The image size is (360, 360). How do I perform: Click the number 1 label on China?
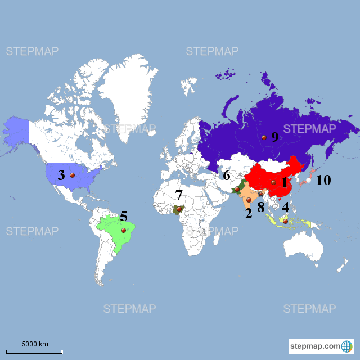click(284, 182)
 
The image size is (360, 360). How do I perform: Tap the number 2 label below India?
click(248, 213)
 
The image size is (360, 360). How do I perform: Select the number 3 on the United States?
click(61, 175)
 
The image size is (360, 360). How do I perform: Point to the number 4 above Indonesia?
click(286, 206)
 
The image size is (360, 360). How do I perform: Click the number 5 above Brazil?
click(124, 215)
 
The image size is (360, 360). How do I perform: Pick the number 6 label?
click(226, 175)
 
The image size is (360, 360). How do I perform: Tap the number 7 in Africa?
click(179, 195)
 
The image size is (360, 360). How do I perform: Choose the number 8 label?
click(261, 206)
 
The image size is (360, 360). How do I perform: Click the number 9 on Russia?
click(274, 137)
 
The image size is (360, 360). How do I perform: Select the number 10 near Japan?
click(323, 181)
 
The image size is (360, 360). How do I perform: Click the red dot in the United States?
click(72, 175)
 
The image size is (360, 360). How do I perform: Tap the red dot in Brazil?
click(123, 230)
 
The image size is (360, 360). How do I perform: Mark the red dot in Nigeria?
click(179, 209)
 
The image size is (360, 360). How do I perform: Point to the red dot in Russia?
click(263, 137)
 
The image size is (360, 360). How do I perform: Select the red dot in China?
click(273, 182)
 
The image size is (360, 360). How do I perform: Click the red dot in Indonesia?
click(285, 222)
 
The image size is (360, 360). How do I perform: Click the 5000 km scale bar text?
click(35, 344)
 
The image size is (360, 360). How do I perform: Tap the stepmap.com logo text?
click(315, 345)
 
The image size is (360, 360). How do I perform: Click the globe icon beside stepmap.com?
click(347, 345)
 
